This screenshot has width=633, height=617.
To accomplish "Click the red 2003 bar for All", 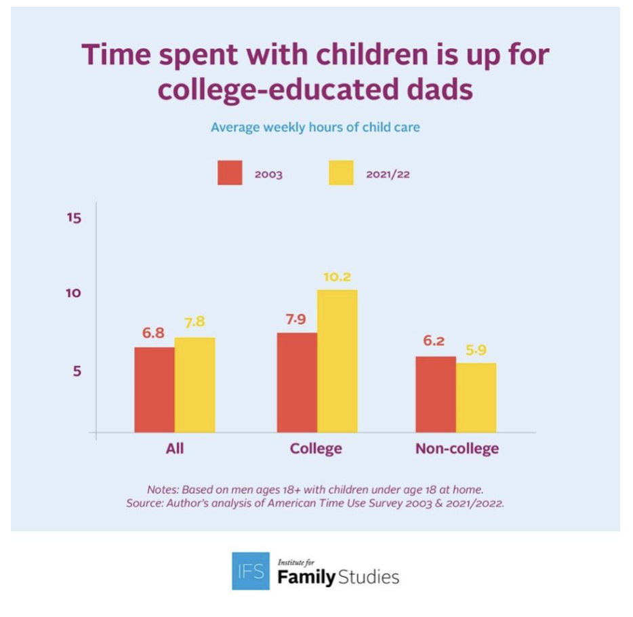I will pos(154,390).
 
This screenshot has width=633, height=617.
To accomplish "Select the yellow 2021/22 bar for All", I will pos(195,385).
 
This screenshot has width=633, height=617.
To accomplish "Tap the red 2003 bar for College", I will pos(297,382).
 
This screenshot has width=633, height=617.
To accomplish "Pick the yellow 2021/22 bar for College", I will pos(337,361).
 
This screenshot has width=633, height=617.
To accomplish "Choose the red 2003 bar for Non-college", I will pos(435,394).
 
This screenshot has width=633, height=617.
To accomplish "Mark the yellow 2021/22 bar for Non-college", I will pos(476,397).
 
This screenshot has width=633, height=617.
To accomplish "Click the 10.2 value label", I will pos(337,277).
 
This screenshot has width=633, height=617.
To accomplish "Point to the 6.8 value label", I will pos(153,334).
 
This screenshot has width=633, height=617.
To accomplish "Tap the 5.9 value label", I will pos(476,351).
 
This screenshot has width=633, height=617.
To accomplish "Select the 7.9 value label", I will pos(295,319).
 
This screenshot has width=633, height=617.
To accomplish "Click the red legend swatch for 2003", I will pos(229,174).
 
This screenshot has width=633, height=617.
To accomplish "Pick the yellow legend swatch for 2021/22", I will pos(341,174).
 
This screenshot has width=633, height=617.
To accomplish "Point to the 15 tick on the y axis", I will pos(74,218).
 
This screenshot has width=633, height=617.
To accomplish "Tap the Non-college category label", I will pos(457,449).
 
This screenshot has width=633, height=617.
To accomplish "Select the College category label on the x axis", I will pos(316,449).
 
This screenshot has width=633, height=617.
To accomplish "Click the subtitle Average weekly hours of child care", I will pos(315,127).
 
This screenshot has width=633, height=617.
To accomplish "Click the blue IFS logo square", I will pos(249,571).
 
